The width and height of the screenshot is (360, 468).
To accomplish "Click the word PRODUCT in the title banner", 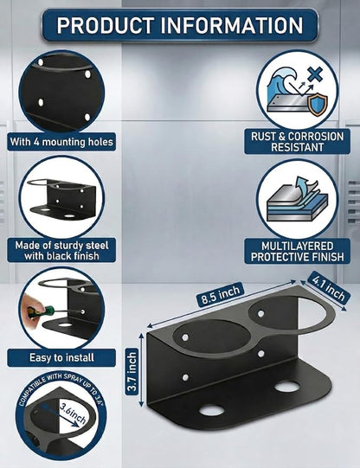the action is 106,25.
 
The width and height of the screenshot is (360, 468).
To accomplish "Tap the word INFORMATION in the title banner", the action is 232,25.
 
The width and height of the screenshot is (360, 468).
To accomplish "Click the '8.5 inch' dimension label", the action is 221,295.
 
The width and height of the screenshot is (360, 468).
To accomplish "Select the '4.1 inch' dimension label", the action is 328,287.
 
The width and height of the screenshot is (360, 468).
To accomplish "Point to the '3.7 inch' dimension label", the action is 132,371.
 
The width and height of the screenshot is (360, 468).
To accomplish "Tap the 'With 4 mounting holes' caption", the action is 61,142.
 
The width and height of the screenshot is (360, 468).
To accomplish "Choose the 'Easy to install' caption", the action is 61,357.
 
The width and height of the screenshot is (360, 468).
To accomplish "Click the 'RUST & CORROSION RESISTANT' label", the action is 298,142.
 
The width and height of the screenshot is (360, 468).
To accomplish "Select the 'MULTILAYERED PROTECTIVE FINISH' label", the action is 298,251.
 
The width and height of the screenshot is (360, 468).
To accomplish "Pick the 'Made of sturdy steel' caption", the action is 61,246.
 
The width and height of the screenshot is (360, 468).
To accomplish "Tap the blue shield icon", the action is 318,104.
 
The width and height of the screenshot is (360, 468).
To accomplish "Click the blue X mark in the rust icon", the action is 316,74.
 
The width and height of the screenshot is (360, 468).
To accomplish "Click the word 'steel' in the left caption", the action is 97,246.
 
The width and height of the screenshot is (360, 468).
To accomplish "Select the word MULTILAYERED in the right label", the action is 298,246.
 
